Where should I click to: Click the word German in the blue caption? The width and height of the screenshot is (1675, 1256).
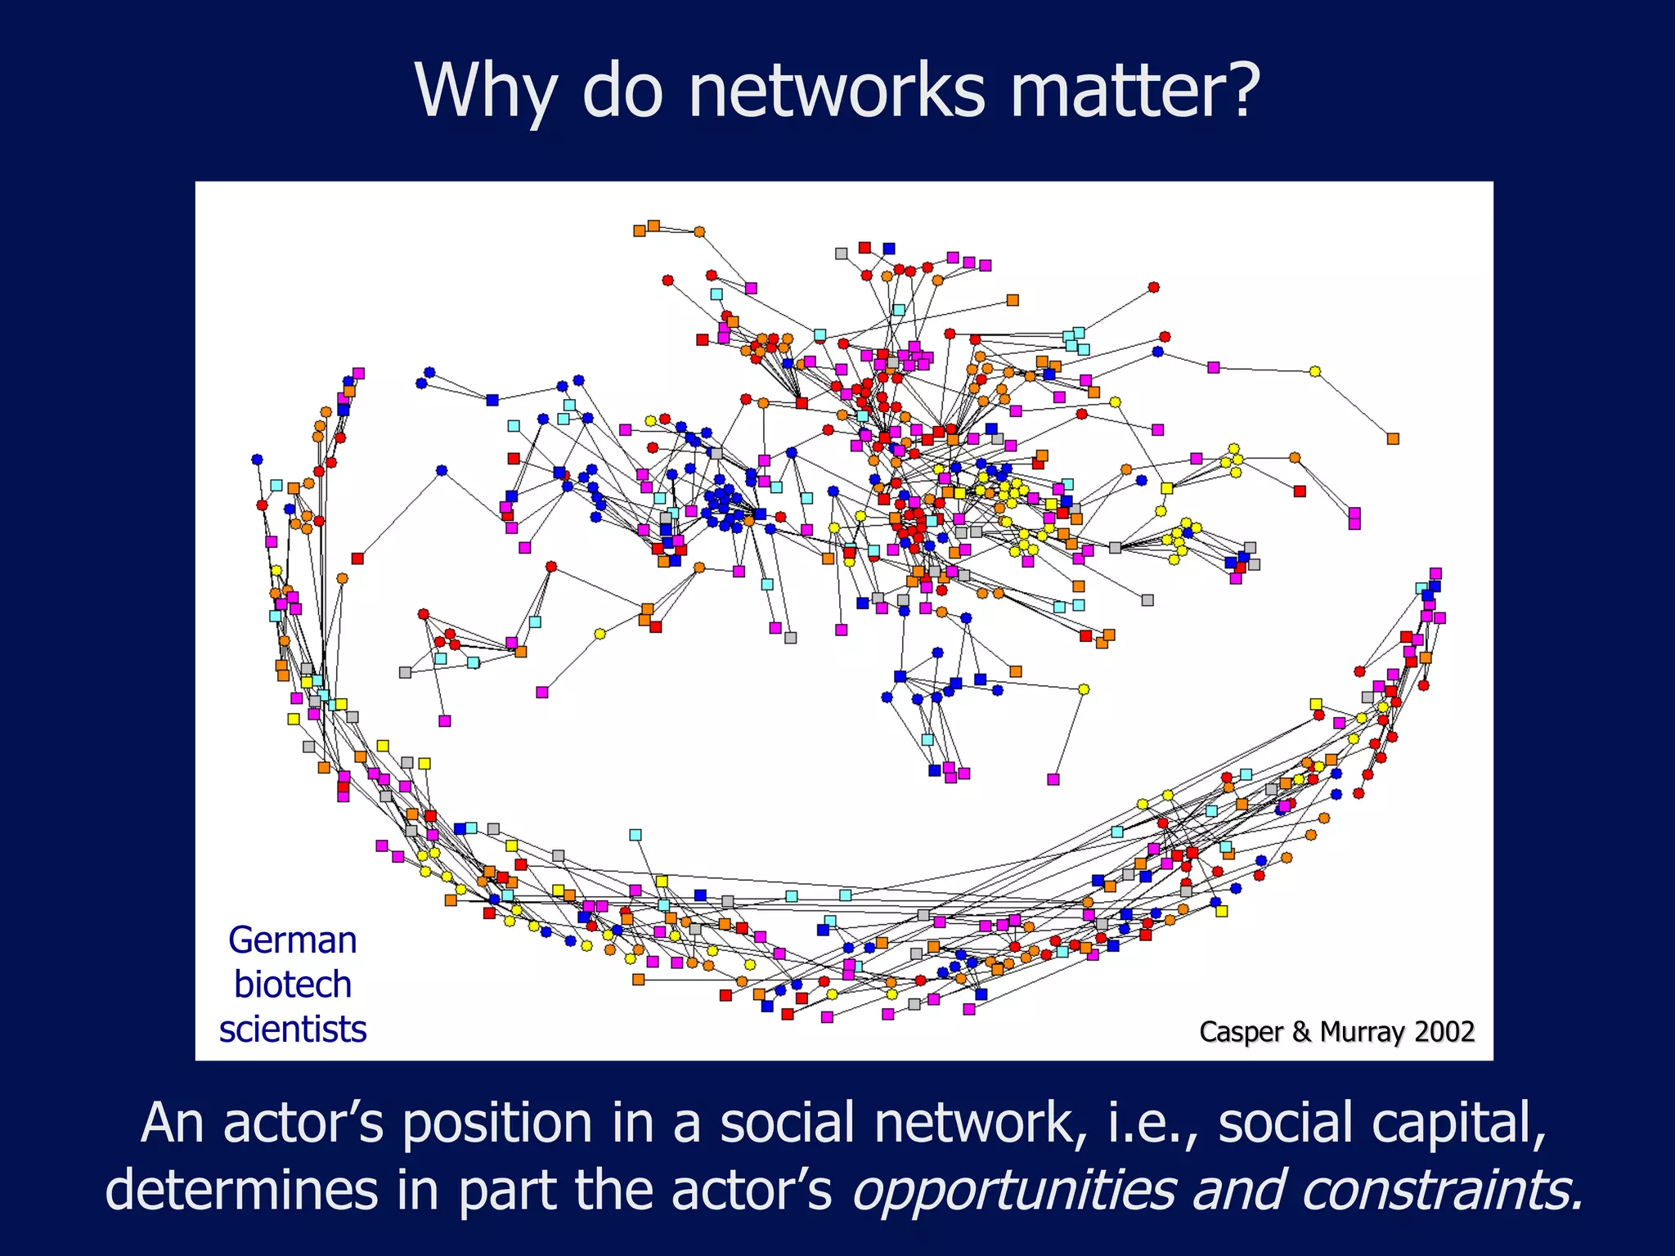[x=293, y=940]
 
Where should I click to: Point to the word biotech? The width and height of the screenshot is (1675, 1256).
[x=293, y=985]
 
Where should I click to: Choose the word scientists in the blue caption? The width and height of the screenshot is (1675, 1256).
[x=293, y=1029]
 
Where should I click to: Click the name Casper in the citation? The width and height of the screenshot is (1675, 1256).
[x=1242, y=1032]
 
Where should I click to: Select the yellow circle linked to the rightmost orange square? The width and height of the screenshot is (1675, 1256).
[x=1314, y=371]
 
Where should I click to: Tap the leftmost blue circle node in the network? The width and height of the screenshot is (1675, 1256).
[x=257, y=460]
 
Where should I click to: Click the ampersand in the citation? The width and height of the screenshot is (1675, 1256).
[x=1301, y=1032]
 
